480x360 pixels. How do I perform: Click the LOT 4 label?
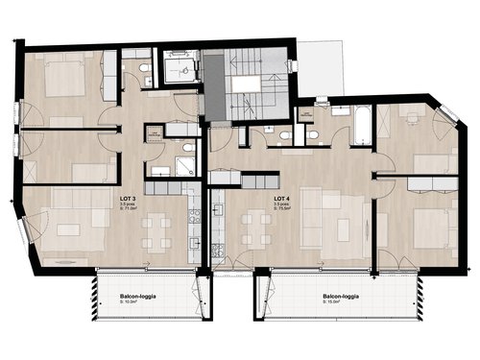point(282,197)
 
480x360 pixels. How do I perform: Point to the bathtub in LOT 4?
point(361,127)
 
